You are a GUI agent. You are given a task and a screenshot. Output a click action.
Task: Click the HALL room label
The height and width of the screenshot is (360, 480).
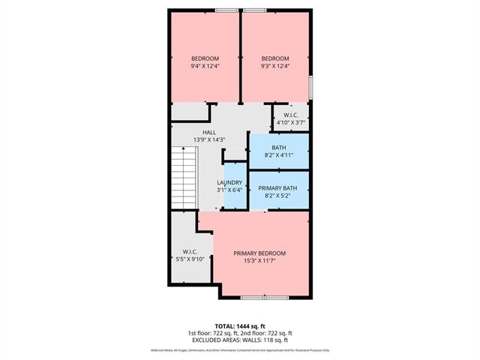[x=209, y=132]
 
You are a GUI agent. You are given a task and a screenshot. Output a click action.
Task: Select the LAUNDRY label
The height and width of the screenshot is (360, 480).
[x=229, y=182]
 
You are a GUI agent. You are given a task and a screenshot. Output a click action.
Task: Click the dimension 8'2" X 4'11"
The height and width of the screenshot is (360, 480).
[x=279, y=155]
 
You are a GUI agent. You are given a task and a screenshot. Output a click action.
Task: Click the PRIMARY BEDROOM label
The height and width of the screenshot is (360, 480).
[x=259, y=253]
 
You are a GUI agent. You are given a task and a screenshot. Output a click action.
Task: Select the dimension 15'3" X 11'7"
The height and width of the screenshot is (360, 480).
[x=259, y=261]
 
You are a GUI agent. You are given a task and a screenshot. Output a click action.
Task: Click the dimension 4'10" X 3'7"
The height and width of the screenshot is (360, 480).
[x=289, y=121]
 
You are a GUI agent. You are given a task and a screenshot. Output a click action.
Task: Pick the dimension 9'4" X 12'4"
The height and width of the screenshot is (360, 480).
[x=205, y=66]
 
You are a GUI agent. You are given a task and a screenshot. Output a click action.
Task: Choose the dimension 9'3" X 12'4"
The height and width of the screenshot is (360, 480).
[x=274, y=66]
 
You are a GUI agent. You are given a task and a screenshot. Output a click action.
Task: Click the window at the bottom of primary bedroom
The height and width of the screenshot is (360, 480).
[x=263, y=298]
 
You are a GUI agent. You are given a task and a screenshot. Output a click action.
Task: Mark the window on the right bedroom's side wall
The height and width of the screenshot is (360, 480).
[x=310, y=86]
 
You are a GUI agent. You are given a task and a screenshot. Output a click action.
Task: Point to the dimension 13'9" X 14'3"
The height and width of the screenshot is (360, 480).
[x=209, y=139]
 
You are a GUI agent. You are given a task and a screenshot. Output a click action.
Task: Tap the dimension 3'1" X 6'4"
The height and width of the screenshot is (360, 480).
[x=229, y=190]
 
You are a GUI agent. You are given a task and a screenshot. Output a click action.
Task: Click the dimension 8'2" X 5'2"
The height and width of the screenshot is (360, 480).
[x=279, y=196]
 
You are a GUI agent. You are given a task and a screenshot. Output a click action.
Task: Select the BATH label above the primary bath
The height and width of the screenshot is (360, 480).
[x=279, y=148]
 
